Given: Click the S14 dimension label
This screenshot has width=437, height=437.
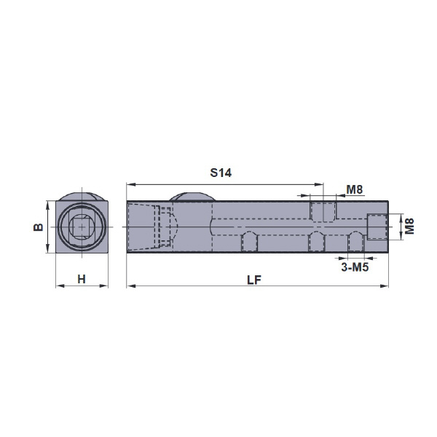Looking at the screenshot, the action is coord(221,173).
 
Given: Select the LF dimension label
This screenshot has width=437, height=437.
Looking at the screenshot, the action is coord(254,280).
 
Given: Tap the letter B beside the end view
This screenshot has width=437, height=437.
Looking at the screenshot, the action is coord(39,227).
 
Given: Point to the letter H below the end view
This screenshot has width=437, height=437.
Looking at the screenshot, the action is coord(82,279).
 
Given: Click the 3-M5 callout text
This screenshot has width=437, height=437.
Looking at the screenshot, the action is coord(355,267).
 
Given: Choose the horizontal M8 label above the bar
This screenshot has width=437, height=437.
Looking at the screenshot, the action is coord(355,190).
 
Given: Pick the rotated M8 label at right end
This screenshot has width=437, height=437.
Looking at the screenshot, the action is coord(409,227).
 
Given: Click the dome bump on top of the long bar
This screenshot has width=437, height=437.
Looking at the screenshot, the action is coord(192,196).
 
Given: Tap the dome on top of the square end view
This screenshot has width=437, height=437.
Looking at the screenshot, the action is coord(82,196).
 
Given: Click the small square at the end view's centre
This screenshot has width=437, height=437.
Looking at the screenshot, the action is coord(82,227).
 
